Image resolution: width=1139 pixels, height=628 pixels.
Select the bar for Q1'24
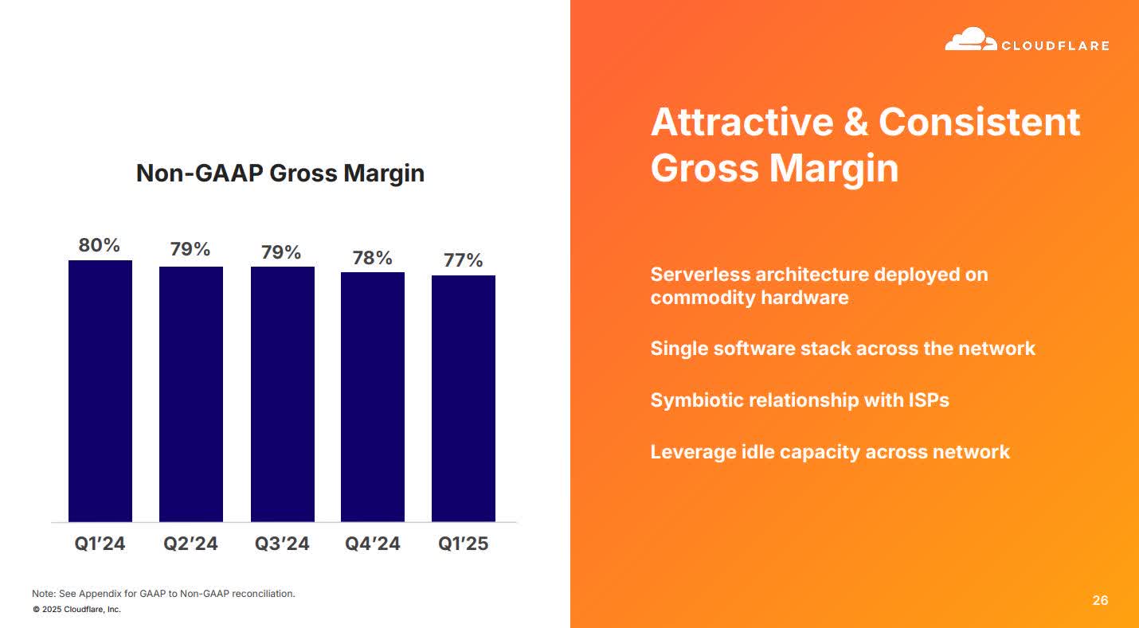pyautogui.click(x=100, y=391)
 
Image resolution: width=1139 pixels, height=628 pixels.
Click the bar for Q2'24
pyautogui.click(x=191, y=394)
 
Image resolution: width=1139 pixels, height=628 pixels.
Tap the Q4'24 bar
pyautogui.click(x=373, y=396)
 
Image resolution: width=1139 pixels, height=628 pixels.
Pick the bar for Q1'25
pyautogui.click(x=464, y=398)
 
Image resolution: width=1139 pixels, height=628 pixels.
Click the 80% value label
pyautogui.click(x=100, y=245)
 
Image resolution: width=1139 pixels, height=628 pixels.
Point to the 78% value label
pyautogui.click(x=373, y=258)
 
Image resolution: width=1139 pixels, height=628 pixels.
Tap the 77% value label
pyautogui.click(x=464, y=260)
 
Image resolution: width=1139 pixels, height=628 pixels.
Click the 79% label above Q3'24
pyautogui.click(x=282, y=252)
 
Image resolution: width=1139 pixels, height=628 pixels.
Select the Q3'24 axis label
pyautogui.click(x=282, y=544)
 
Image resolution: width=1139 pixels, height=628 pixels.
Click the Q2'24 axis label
pyautogui.click(x=191, y=544)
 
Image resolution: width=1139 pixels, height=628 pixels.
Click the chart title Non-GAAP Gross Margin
pyautogui.click(x=280, y=173)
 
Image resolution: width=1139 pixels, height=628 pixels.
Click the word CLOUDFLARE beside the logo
pyautogui.click(x=1055, y=46)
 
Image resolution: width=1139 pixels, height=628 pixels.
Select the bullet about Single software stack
pyautogui.click(x=843, y=349)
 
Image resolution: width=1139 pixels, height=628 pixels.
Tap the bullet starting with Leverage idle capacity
pyautogui.click(x=830, y=452)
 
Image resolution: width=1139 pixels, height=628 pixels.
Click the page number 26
pyautogui.click(x=1099, y=600)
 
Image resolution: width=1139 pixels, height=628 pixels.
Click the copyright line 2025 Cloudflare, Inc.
pyautogui.click(x=77, y=610)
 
